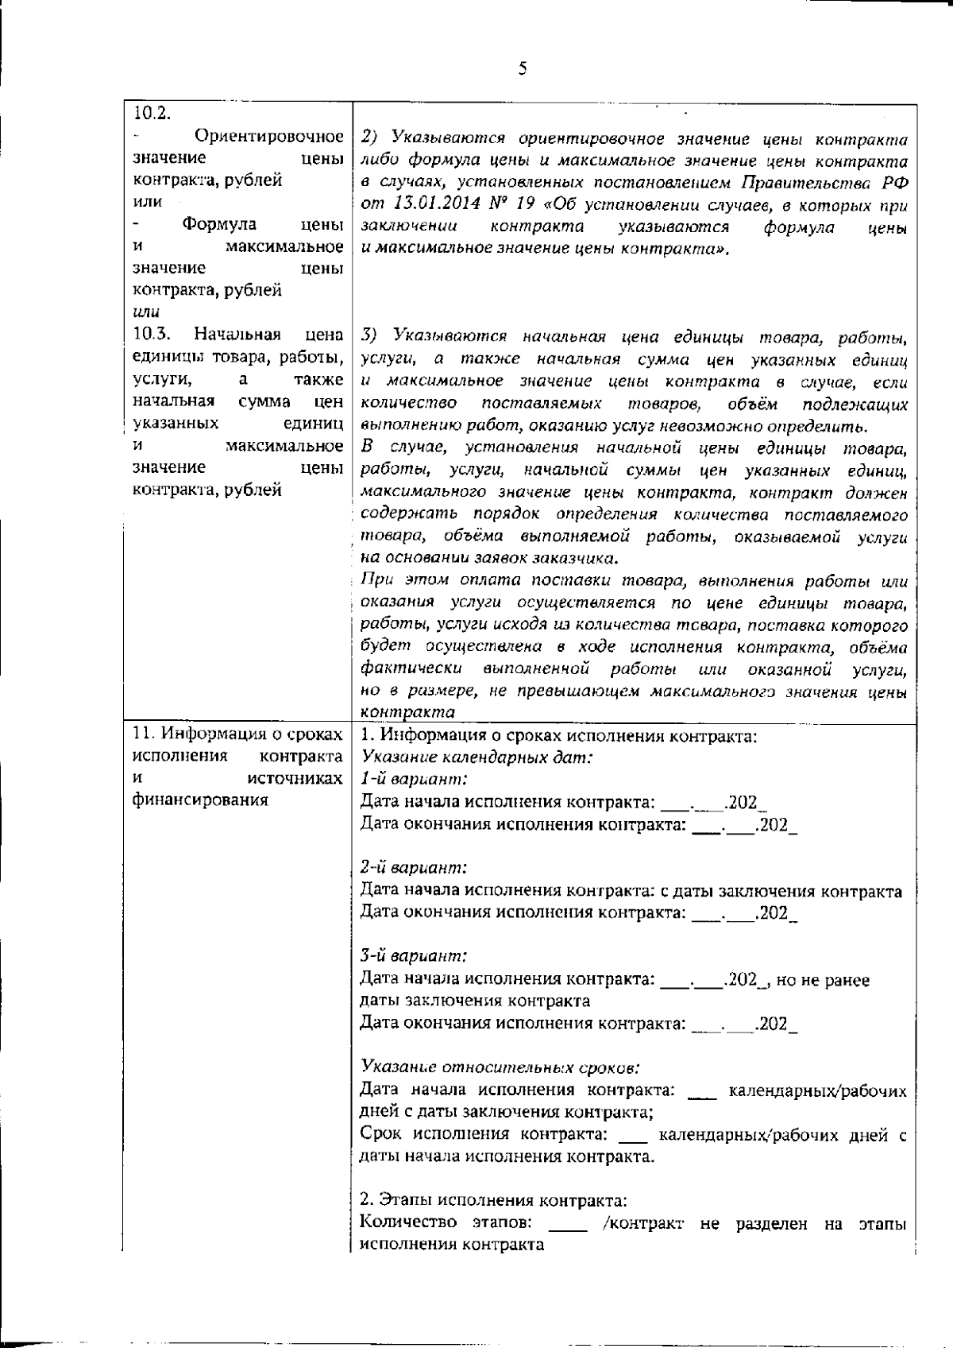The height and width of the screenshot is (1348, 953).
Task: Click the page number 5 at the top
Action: [522, 68]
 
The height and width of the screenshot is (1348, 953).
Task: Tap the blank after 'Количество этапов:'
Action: [568, 1224]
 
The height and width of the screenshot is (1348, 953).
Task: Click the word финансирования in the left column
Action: [200, 800]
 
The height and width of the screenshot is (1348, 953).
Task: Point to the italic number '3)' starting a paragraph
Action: [372, 335]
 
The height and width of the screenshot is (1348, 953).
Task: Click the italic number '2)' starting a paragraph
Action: [372, 140]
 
